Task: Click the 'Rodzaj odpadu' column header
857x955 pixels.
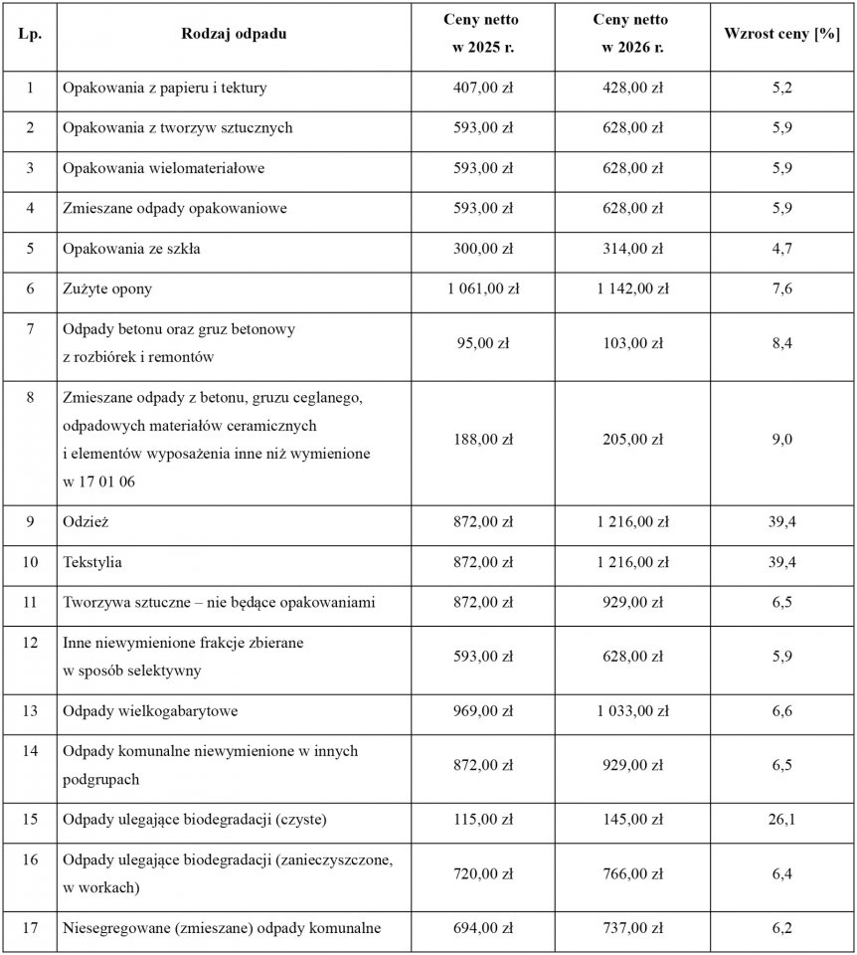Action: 234,34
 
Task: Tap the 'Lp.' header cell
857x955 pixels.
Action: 30,34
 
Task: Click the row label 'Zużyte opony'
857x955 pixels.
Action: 106,289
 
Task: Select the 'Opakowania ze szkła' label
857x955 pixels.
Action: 131,249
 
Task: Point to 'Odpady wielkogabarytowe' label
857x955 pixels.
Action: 150,711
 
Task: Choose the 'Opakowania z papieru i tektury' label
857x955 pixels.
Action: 164,89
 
